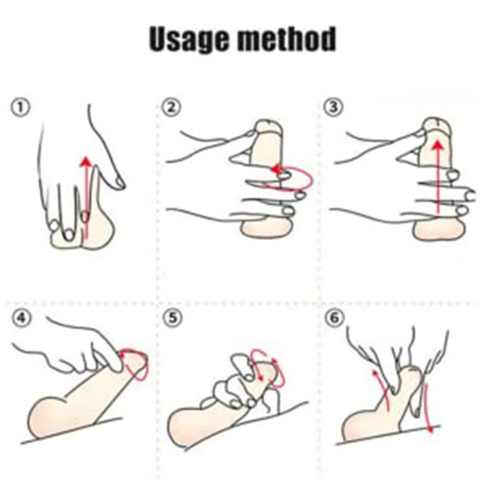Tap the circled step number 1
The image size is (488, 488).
tap(21, 108)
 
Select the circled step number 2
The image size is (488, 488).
tap(171, 108)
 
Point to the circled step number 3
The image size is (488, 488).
tap(333, 107)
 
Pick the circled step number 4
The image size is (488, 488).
tap(21, 318)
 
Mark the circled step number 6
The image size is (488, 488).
tap(334, 318)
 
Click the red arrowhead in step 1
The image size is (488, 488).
tap(86, 162)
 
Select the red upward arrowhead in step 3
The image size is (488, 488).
tap(438, 145)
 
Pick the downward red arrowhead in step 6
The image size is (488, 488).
tap(431, 429)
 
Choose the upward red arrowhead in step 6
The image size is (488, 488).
tap(375, 374)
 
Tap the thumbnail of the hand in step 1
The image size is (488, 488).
tap(118, 183)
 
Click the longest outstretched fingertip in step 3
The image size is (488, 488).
tap(470, 196)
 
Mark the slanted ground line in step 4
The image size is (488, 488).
tap(72, 430)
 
